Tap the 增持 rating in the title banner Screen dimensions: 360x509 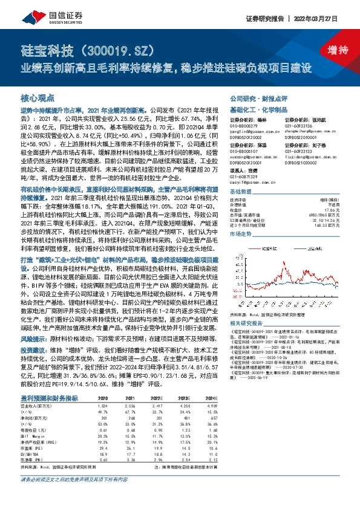[x=330, y=50]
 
